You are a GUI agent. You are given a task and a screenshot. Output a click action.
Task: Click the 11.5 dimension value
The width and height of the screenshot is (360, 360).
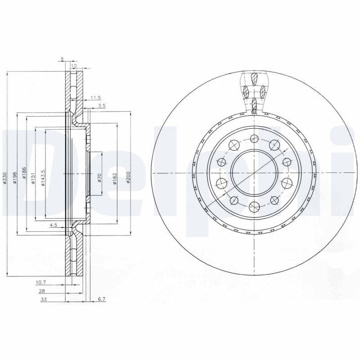click(95, 98)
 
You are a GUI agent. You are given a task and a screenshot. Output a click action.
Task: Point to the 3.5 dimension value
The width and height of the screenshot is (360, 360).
click(102, 106)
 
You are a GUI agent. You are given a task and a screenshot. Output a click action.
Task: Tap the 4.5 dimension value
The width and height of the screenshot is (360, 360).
click(53, 225)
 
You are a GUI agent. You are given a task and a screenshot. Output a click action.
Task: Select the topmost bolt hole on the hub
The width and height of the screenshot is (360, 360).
click(253, 139)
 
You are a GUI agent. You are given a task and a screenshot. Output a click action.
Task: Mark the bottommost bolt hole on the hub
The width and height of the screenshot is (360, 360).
click(253, 207)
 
